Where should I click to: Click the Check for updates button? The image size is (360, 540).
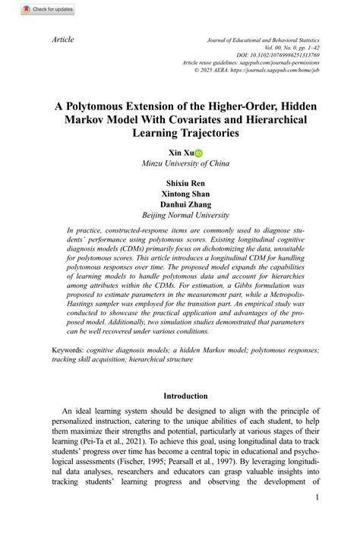click(27, 9)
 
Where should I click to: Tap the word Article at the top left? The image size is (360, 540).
click(62, 39)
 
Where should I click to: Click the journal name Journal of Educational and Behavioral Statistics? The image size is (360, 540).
click(263, 39)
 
